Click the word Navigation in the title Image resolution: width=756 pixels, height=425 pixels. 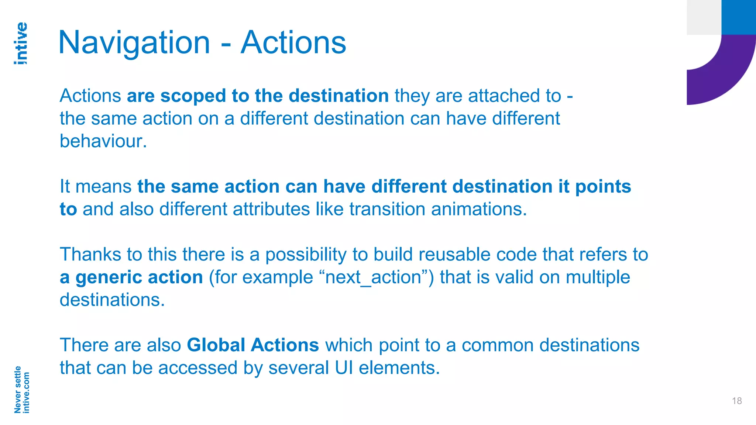(x=134, y=43)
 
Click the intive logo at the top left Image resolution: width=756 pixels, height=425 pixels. (x=21, y=43)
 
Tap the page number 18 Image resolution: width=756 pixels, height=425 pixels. (x=737, y=401)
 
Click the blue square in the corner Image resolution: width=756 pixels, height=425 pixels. (x=739, y=17)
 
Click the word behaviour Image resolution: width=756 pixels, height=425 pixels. (x=103, y=141)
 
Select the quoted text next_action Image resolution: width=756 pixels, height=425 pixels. (x=373, y=277)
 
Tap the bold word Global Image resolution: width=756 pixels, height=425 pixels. (x=216, y=345)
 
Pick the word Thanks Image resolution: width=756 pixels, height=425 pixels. (x=90, y=255)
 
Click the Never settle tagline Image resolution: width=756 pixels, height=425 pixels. (x=17, y=389)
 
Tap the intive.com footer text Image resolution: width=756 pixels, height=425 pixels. (x=26, y=392)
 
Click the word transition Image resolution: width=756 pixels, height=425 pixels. (x=387, y=209)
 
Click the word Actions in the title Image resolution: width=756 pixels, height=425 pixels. (x=293, y=43)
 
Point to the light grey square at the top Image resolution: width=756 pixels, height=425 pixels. (x=704, y=17)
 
